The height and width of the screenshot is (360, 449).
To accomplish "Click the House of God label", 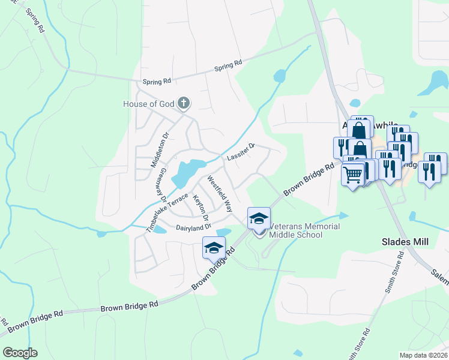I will click(x=148, y=104).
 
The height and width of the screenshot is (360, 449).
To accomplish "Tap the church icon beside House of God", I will click(x=184, y=104).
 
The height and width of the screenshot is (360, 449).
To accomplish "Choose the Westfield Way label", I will click(x=220, y=194).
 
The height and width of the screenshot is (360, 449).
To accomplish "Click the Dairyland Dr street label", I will click(x=193, y=227).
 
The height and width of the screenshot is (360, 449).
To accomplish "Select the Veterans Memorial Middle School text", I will click(x=304, y=230).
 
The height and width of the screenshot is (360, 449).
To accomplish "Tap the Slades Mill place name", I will click(x=406, y=242).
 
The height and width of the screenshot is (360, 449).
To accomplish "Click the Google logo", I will click(x=19, y=352).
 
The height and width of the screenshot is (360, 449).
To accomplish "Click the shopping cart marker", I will click(x=353, y=175).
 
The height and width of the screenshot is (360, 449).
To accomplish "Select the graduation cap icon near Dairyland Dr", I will click(x=214, y=247).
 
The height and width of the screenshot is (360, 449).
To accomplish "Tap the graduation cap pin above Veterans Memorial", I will click(x=259, y=217).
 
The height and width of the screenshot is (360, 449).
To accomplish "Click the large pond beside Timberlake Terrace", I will click(x=187, y=172).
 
